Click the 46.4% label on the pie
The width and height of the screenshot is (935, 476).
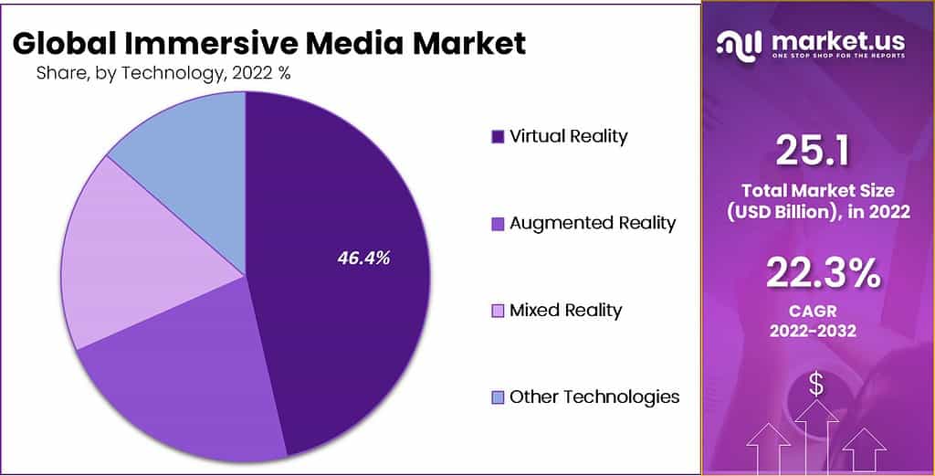tap(363, 259)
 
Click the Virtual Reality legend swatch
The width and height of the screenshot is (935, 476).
tap(498, 137)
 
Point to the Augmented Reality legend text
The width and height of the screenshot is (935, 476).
tap(593, 223)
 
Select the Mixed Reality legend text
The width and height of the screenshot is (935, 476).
tap(565, 310)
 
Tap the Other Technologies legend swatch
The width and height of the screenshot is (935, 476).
tap(498, 397)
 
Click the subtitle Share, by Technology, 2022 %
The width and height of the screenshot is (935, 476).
tap(163, 74)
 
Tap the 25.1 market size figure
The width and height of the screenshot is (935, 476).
tap(812, 150)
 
